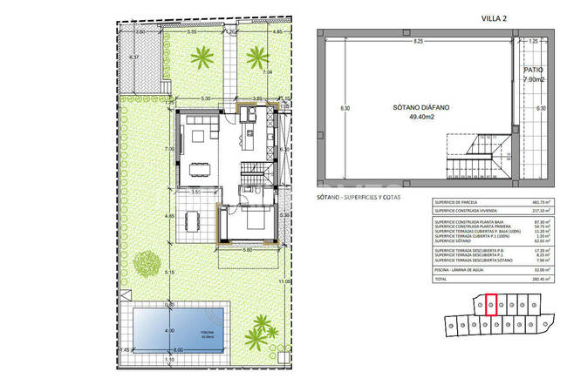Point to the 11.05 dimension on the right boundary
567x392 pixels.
tap(283, 281)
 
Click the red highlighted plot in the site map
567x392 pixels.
tap(490, 304)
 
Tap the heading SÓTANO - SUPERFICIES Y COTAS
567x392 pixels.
tap(353, 199)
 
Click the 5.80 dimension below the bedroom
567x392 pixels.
tap(248, 251)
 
